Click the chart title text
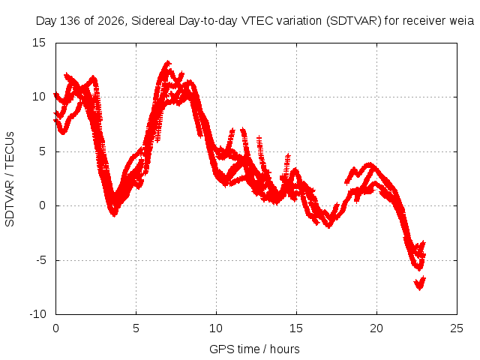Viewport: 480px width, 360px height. point(255,21)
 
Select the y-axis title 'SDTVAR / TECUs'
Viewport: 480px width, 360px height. point(10,179)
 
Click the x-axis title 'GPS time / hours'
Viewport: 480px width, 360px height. point(254,349)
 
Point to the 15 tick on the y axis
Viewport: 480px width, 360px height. point(38,43)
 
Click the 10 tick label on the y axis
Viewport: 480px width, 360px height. point(38,97)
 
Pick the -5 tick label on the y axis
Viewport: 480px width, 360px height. point(40,260)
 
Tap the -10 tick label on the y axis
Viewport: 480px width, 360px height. point(37,314)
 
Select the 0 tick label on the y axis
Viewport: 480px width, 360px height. point(42,205)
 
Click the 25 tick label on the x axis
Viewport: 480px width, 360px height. point(457,328)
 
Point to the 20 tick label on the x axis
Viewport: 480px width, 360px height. point(376,328)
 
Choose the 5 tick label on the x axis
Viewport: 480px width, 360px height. point(136,328)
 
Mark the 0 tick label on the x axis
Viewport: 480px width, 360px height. point(55,328)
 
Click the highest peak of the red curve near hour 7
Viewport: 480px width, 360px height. point(167,62)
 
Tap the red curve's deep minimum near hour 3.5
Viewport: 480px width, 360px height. point(114,214)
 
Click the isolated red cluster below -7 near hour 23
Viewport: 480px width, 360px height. point(420,283)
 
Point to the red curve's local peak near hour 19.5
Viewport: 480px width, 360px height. point(370,164)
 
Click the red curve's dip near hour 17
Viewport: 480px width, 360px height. point(328,226)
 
